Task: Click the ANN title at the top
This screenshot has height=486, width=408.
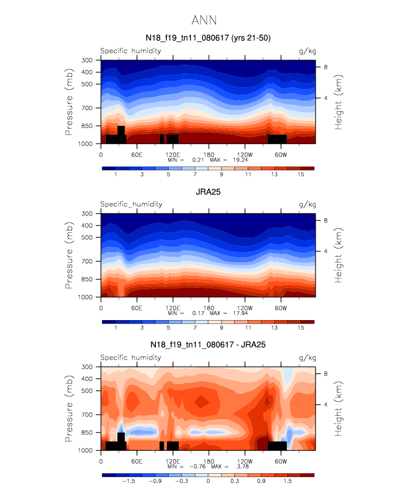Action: click(x=204, y=20)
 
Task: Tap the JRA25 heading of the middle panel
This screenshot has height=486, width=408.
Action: click(x=208, y=192)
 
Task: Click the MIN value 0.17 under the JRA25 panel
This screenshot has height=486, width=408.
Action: click(x=197, y=313)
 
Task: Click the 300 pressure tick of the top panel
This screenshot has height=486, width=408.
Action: click(x=87, y=60)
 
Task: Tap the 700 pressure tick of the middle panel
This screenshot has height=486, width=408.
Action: click(x=87, y=261)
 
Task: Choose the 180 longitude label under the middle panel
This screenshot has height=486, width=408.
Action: click(x=208, y=308)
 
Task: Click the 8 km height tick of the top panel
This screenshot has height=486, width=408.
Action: click(x=326, y=67)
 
